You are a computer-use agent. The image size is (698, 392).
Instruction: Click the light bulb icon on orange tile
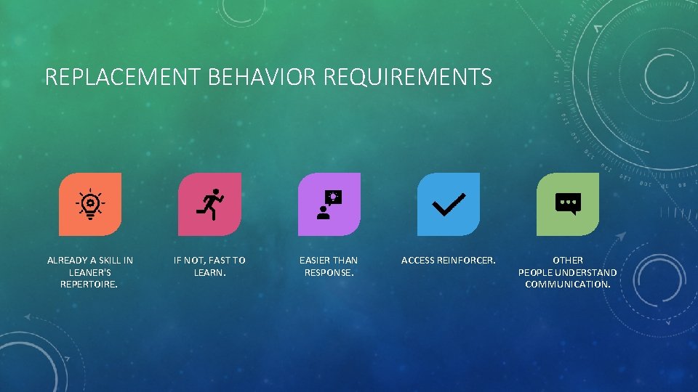coord(90,204)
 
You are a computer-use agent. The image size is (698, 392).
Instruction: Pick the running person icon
coord(210,204)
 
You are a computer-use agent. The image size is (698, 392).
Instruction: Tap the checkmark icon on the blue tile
coord(449,204)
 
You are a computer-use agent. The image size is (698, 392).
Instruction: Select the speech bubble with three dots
coord(568,204)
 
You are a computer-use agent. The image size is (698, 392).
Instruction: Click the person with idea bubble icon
coord(329,204)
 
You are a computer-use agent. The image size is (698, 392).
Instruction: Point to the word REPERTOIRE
coord(89,284)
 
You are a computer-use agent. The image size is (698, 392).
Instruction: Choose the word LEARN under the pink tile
coord(209,272)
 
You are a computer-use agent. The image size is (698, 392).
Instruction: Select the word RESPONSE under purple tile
coord(329,272)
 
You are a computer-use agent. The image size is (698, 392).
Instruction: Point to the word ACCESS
coord(417,260)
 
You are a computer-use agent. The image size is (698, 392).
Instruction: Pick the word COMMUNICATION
coord(568,284)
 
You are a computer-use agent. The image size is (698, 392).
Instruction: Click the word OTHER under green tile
coord(568,260)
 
